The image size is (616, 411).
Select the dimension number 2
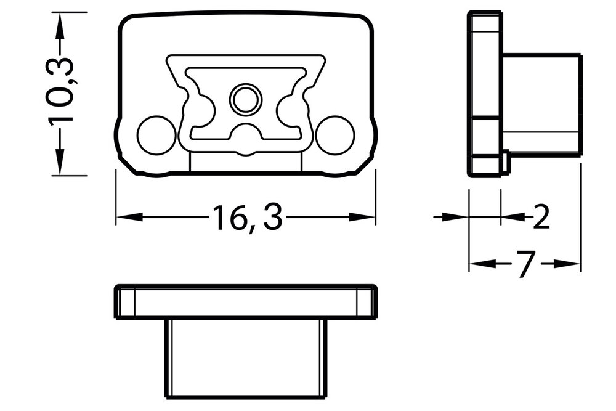541,217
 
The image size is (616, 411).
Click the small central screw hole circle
245,99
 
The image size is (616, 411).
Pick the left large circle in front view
156,135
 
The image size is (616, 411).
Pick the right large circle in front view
334,135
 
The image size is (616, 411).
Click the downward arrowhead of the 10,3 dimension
59,164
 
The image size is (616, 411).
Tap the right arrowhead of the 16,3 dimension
363,217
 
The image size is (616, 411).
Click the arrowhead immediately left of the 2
513,216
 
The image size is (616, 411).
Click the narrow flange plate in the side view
485,92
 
